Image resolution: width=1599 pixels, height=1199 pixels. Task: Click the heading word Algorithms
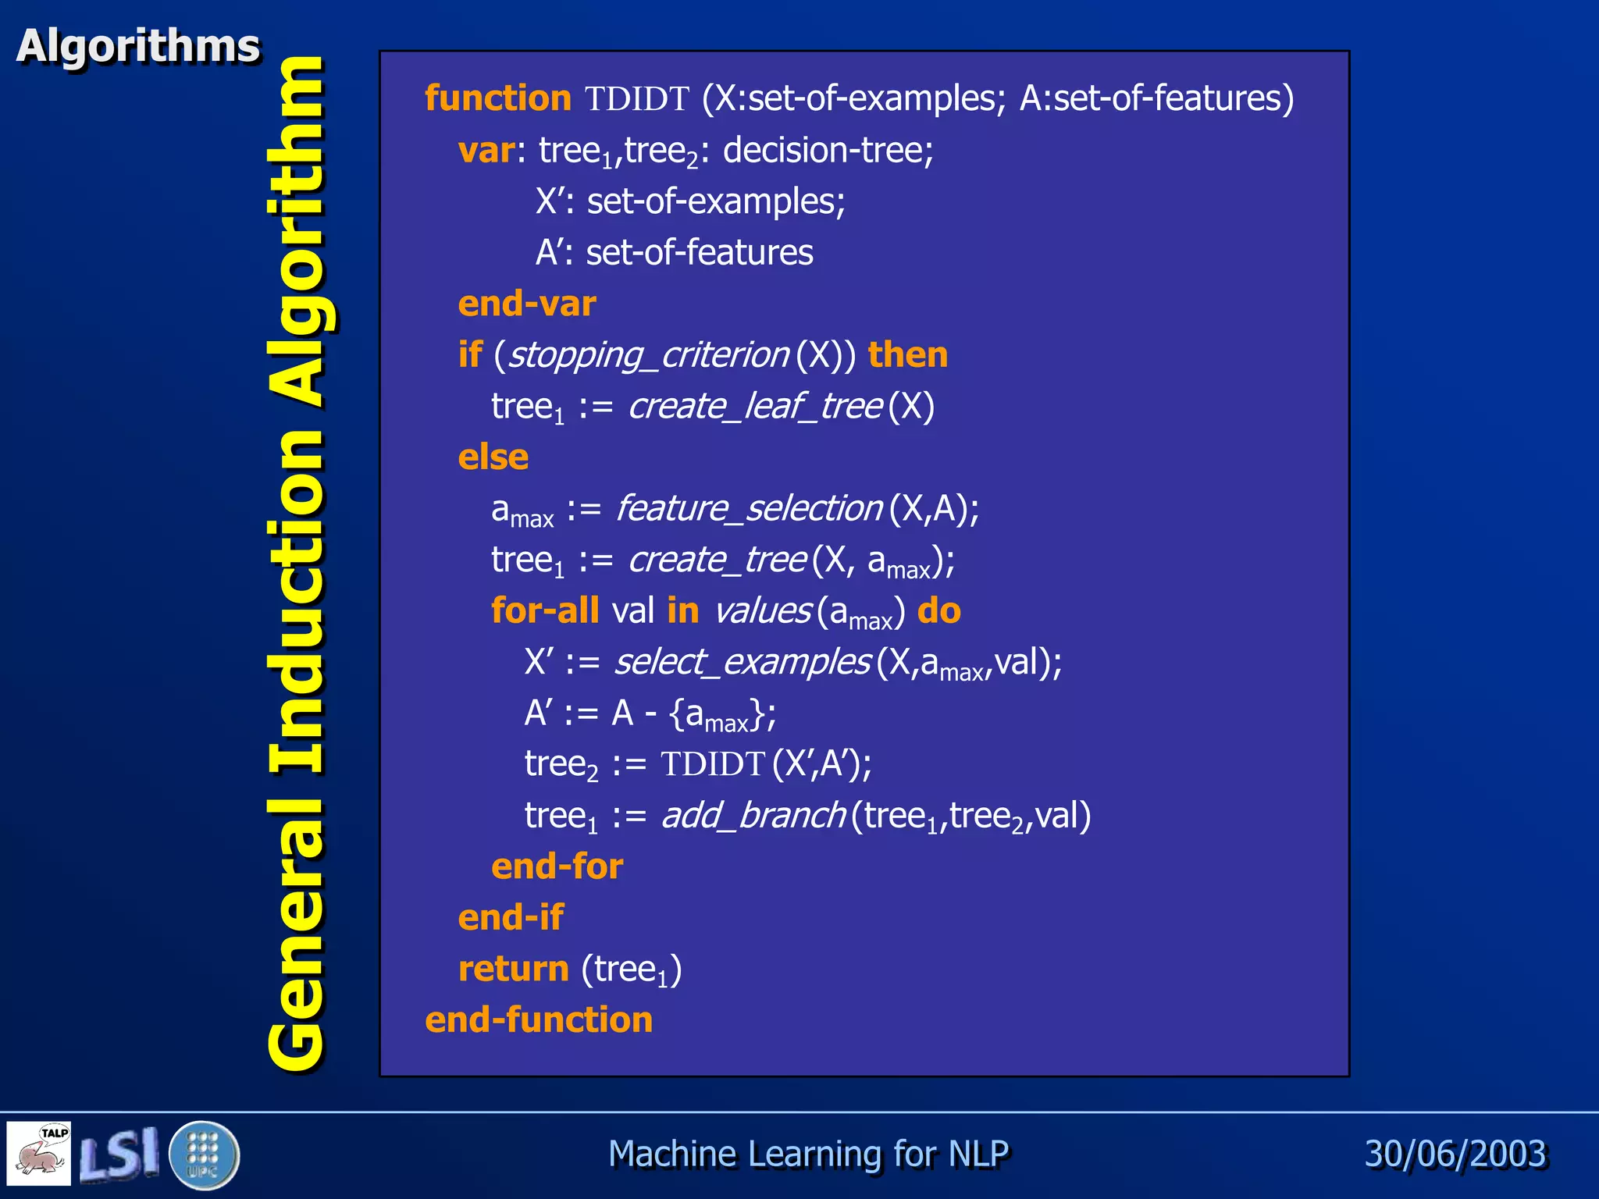pos(138,46)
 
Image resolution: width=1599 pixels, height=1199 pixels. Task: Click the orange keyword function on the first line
pos(498,99)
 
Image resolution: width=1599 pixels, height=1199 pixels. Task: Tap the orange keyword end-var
pos(527,304)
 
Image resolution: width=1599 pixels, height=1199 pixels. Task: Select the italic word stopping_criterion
pos(648,355)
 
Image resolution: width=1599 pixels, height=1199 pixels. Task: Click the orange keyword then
pos(908,355)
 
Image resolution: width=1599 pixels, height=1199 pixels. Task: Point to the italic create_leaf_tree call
pos(755,406)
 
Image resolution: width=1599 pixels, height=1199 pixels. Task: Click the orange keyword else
pos(493,457)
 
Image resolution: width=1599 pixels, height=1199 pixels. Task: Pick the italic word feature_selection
pos(749,509)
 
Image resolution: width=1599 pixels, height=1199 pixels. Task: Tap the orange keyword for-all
pos(545,610)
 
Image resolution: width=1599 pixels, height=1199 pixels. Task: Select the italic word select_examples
pos(742,662)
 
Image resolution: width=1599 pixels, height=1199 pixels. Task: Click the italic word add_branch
pos(753,816)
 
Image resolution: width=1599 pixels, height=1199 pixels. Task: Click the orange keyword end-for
pos(557,866)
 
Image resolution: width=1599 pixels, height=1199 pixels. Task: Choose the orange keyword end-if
pos(511,918)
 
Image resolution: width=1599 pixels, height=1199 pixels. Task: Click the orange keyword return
pos(513,970)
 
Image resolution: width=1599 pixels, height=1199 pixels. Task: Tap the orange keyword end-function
pos(539,1020)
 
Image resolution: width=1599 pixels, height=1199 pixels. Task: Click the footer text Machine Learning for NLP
pos(808,1154)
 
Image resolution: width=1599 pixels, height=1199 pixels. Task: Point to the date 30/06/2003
pos(1455,1154)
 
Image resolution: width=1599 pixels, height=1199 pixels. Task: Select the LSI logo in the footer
pos(119,1154)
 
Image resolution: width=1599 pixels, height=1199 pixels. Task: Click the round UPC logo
pos(204,1155)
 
